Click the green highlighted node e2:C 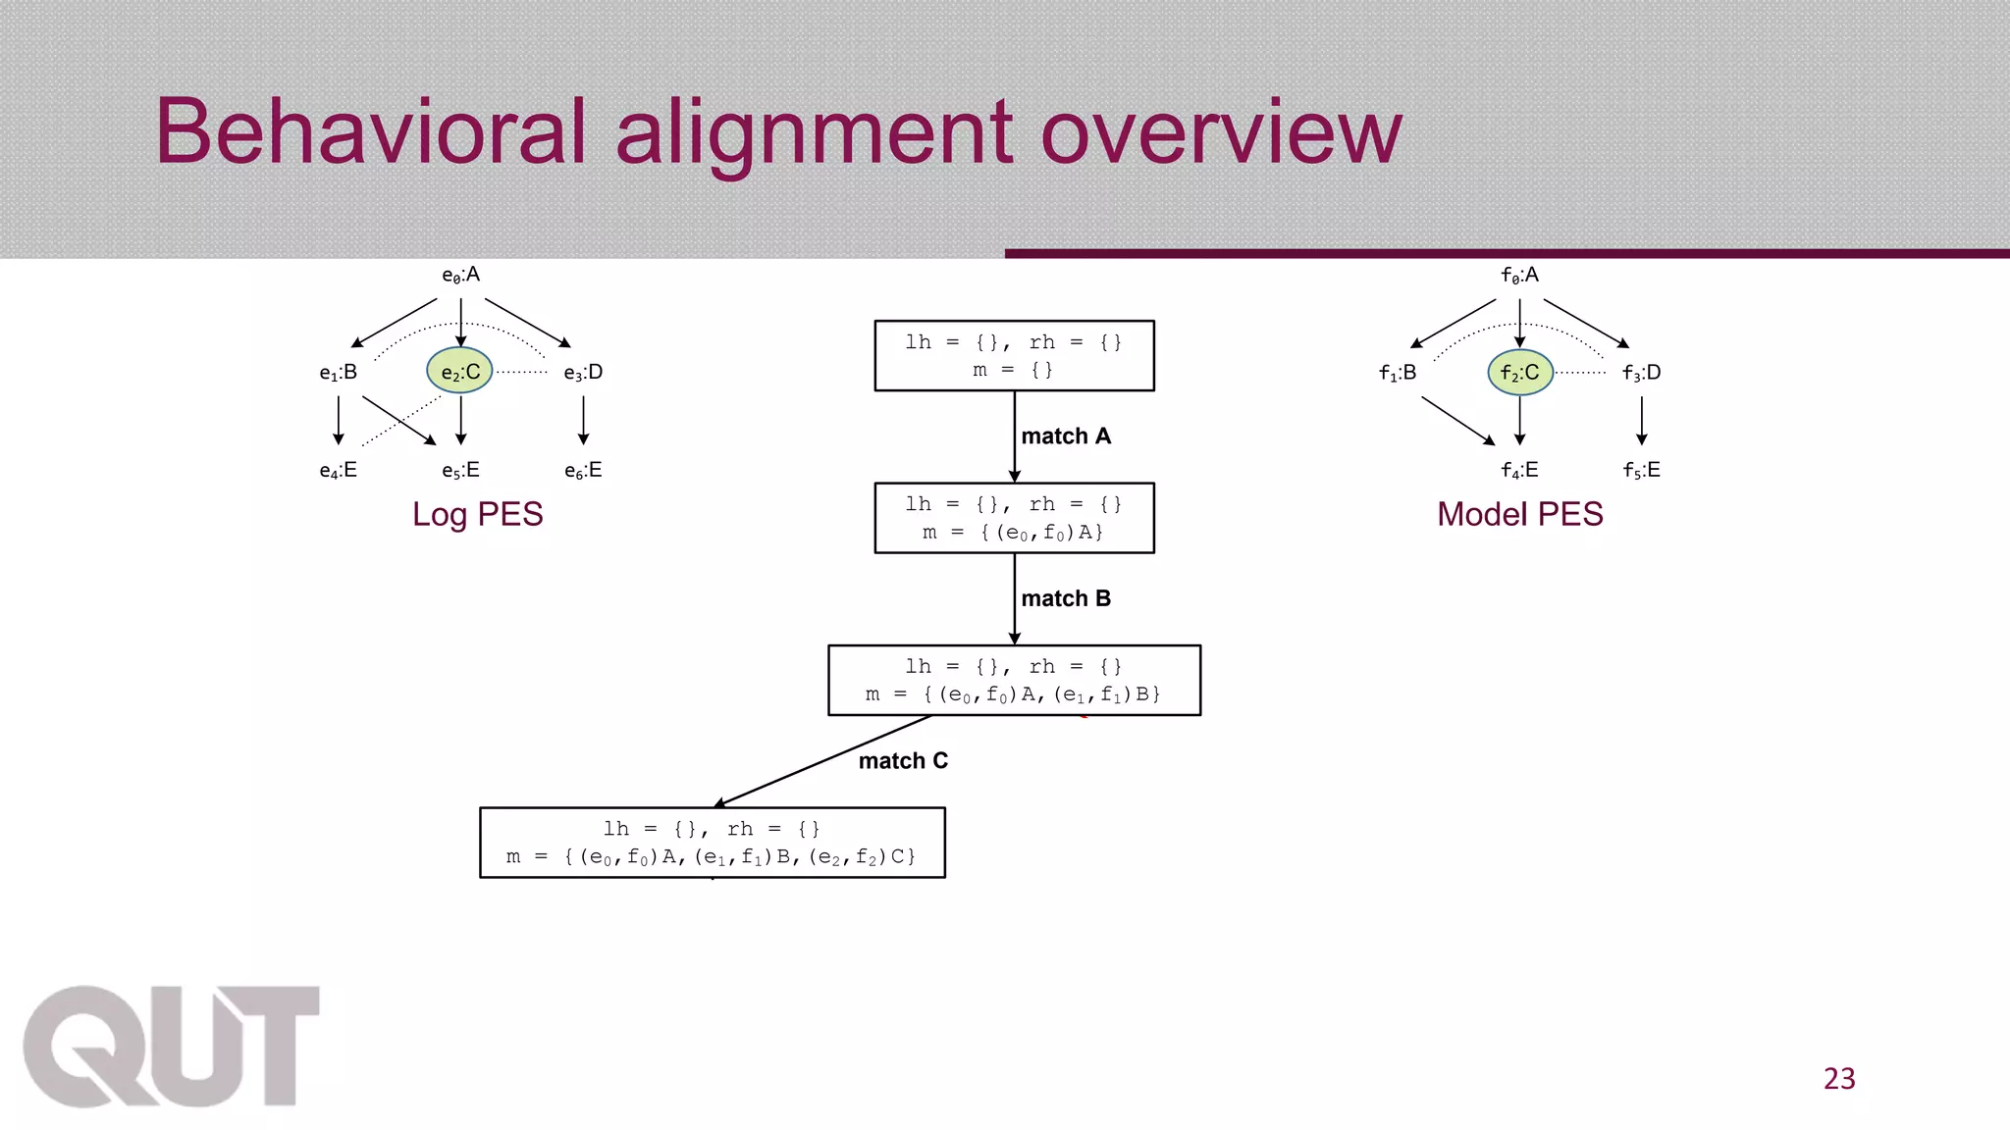coord(459,372)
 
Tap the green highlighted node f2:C coord(1520,373)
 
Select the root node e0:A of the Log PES coord(460,276)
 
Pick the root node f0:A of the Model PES coord(1519,276)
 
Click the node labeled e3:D coord(583,373)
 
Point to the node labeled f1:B coord(1398,373)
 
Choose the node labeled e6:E coord(583,471)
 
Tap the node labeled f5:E coord(1642,471)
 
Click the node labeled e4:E coord(338,471)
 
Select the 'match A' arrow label coord(1066,437)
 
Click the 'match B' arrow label coord(1066,598)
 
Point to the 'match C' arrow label coord(903,761)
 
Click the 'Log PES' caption coord(478,514)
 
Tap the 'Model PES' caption coord(1519,514)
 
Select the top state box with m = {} coord(1014,356)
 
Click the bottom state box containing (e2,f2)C coord(712,843)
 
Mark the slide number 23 coord(1839,1079)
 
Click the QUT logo coord(172,1047)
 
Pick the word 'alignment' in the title coord(814,132)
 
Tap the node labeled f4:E coord(1519,471)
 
